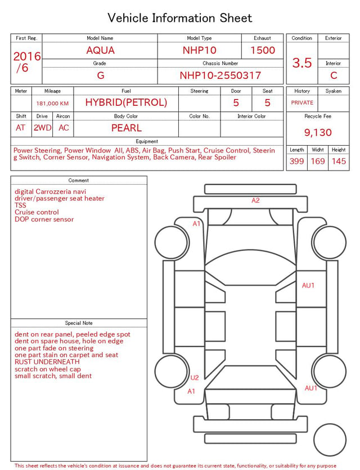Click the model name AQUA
coord(100,50)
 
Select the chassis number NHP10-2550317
coord(220,75)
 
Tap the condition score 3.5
coord(302,62)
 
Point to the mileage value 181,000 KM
coord(52,104)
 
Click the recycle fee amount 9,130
coord(318,132)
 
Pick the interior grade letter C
coord(334,75)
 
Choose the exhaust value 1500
coord(263,50)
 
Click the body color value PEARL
coord(127,128)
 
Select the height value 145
coord(339,161)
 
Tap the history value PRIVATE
coord(302,102)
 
